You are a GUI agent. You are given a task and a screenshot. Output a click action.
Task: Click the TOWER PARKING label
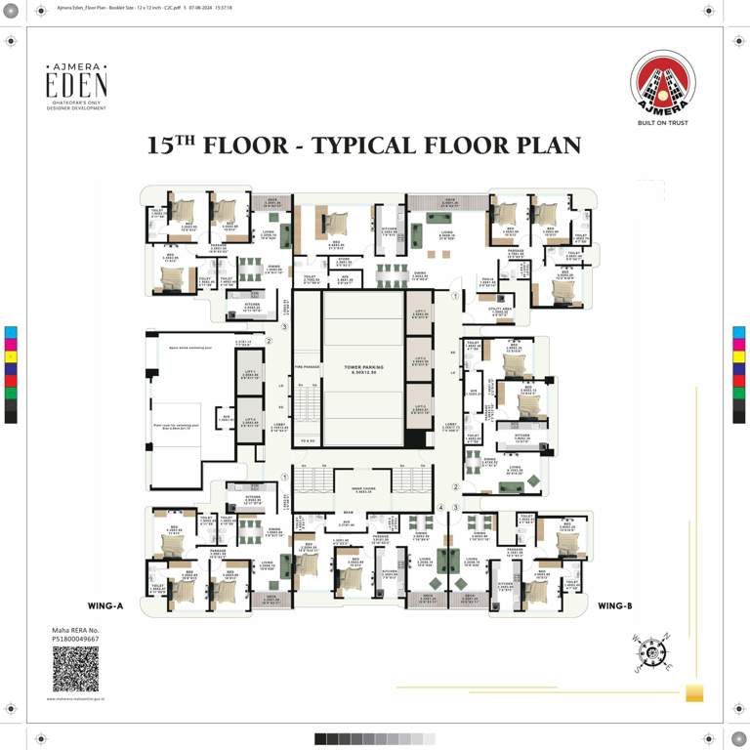tap(363, 369)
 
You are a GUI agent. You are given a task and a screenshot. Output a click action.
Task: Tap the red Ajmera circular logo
tap(663, 83)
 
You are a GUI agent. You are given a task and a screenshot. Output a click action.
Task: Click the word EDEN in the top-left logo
tap(76, 85)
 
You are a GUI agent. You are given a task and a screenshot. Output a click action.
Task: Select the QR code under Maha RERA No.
tap(75, 669)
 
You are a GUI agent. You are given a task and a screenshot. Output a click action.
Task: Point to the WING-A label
tap(105, 606)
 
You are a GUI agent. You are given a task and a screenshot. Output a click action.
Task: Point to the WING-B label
tap(615, 606)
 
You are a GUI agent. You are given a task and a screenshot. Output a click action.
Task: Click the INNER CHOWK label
tap(363, 488)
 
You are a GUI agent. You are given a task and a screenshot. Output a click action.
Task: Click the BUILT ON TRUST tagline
tap(663, 124)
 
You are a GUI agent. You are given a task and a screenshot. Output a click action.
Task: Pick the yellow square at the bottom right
tap(694, 693)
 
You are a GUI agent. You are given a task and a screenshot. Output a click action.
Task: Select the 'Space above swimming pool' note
tap(186, 347)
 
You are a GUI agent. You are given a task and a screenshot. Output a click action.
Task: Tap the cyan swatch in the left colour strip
tap(11, 332)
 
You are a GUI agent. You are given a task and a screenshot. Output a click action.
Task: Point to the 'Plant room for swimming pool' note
tap(176, 427)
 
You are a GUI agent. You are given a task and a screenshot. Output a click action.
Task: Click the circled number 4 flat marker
tap(440, 508)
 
